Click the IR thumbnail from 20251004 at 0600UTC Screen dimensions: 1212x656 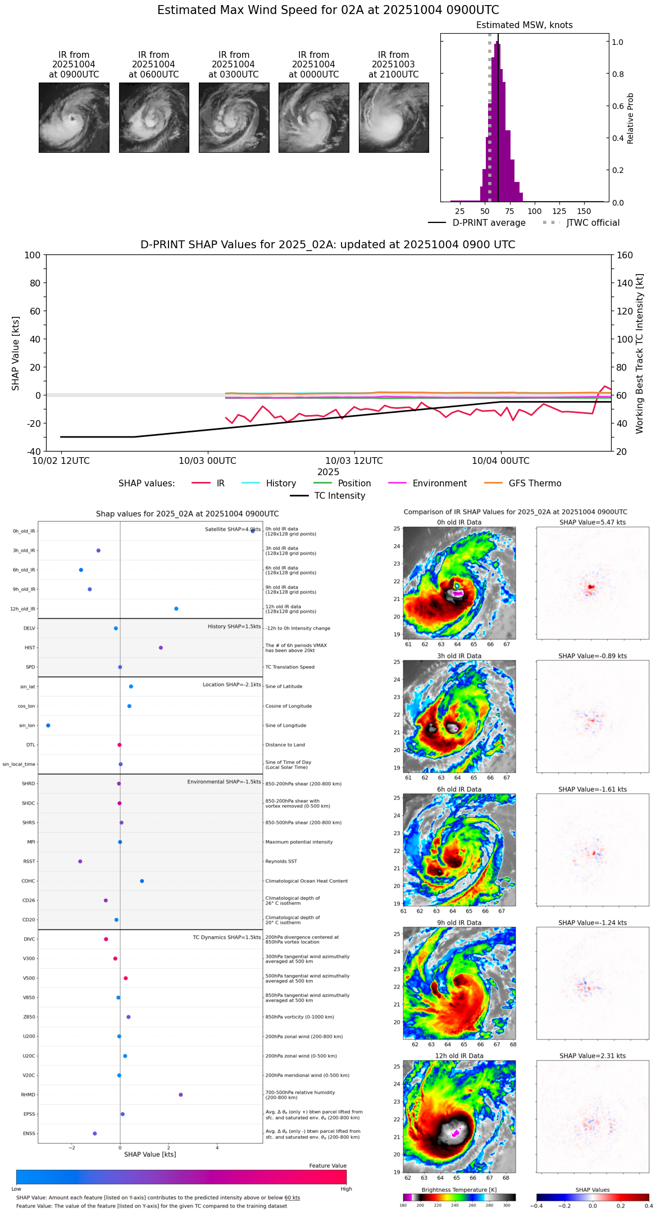[x=154, y=117]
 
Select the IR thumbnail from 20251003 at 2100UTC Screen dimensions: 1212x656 [x=394, y=117]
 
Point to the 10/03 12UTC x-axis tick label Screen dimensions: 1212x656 [x=354, y=461]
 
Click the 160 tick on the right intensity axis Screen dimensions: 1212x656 [x=625, y=255]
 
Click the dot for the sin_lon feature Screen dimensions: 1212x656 [x=48, y=726]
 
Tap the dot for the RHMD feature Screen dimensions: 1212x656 [x=181, y=1095]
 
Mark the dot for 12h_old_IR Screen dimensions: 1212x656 [x=176, y=609]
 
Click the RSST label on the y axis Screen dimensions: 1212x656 [x=29, y=862]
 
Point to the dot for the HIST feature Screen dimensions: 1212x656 [x=161, y=648]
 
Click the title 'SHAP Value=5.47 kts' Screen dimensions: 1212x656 [x=593, y=522]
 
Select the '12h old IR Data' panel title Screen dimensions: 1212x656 [x=459, y=1056]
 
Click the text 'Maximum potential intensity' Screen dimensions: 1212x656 [x=299, y=842]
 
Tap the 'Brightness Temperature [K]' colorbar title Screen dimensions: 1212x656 [x=459, y=1190]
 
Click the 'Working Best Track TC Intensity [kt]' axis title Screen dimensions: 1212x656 [x=640, y=354]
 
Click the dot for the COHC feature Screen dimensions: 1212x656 [x=142, y=881]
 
